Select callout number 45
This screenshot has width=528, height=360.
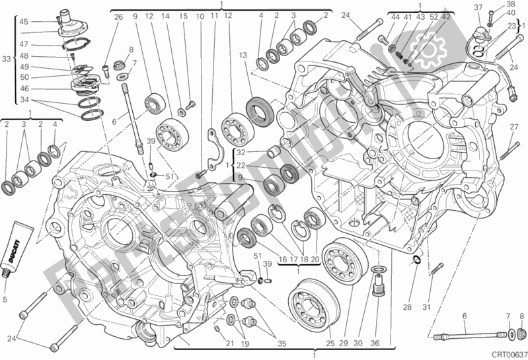[24, 22]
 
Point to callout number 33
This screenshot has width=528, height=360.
[7, 59]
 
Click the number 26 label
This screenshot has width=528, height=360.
[118, 17]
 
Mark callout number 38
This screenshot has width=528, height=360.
[509, 4]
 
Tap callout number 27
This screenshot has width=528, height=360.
[513, 127]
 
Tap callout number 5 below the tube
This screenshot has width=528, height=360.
[6, 299]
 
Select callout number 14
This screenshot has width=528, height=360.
[165, 17]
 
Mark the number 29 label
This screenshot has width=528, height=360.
[344, 342]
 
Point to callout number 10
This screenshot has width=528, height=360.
[200, 17]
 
